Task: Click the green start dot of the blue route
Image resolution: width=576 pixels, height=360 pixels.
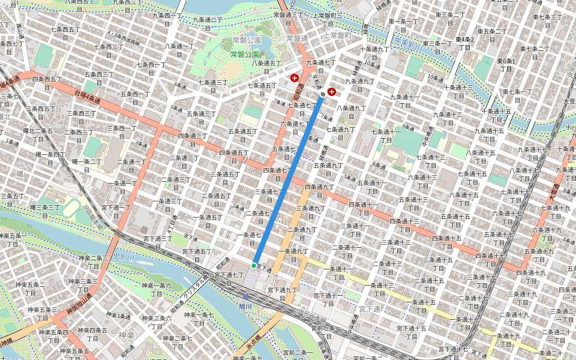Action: pos(254,265)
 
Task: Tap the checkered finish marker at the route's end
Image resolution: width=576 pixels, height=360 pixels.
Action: pos(323,94)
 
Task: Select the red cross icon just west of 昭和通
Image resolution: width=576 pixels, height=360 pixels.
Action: pos(295,78)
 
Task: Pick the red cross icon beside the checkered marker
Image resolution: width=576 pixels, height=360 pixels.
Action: pos(331,92)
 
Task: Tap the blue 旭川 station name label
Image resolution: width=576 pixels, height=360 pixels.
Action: pos(245,306)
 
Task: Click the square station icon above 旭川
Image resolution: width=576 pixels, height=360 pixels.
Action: pos(245,296)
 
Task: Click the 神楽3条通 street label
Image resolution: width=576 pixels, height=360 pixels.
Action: pos(116,316)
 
